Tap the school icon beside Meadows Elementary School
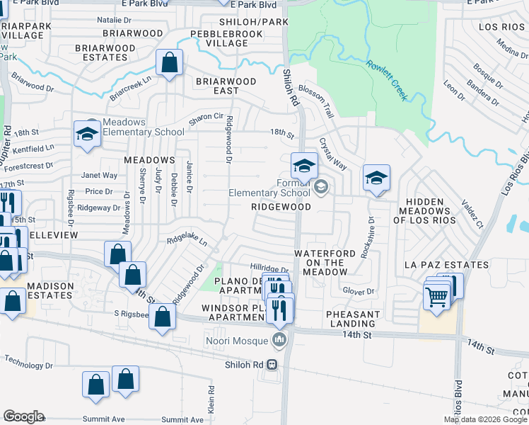tap(87, 134)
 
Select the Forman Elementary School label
tap(269, 188)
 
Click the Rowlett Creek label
tap(386, 80)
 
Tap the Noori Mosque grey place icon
tap(281, 341)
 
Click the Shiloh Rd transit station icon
tap(272, 365)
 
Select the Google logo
tap(23, 416)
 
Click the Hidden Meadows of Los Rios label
tap(424, 211)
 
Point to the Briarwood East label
tap(226, 86)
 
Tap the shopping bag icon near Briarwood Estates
tap(170, 63)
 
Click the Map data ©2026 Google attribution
tap(485, 419)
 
